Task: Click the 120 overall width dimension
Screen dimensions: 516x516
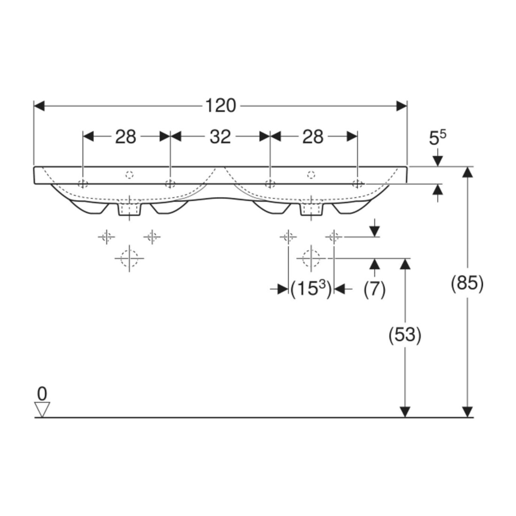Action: (220, 106)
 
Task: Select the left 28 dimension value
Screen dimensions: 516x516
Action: (125, 137)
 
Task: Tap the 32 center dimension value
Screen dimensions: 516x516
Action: (220, 137)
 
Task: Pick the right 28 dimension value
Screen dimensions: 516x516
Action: (313, 137)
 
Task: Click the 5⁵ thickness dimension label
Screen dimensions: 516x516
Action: (438, 137)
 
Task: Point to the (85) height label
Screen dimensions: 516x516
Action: (467, 283)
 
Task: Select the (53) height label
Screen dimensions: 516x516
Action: (405, 335)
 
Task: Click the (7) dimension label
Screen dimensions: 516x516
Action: (374, 289)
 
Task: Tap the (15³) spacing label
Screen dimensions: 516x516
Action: (311, 289)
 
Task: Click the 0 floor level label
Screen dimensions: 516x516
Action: (42, 394)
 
